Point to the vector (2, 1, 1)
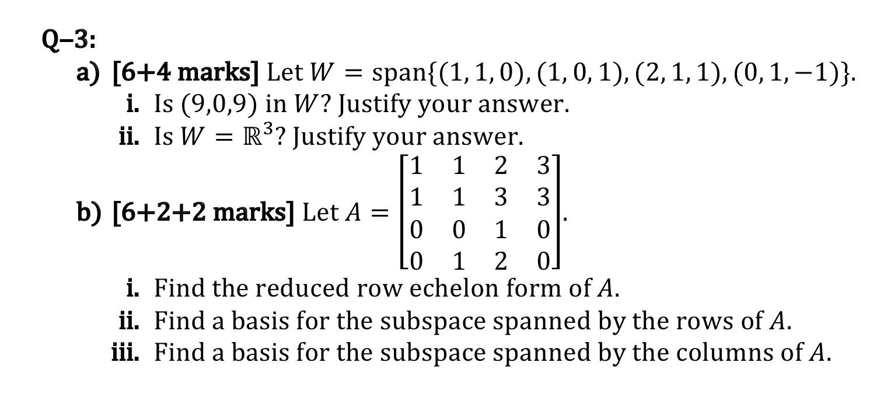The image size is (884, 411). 642,73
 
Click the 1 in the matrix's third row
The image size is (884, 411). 500,231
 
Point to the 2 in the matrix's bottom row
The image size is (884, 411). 500,262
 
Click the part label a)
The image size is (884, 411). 88,73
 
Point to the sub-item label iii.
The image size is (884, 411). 125,353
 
